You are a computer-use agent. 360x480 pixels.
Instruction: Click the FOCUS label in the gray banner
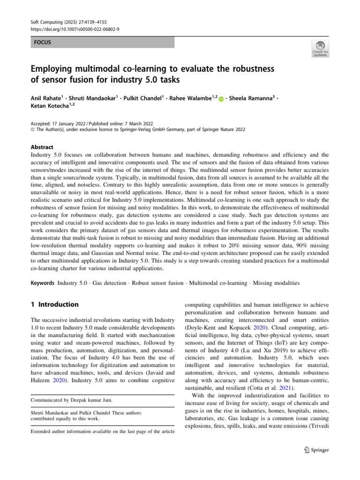pyautogui.click(x=42, y=42)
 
